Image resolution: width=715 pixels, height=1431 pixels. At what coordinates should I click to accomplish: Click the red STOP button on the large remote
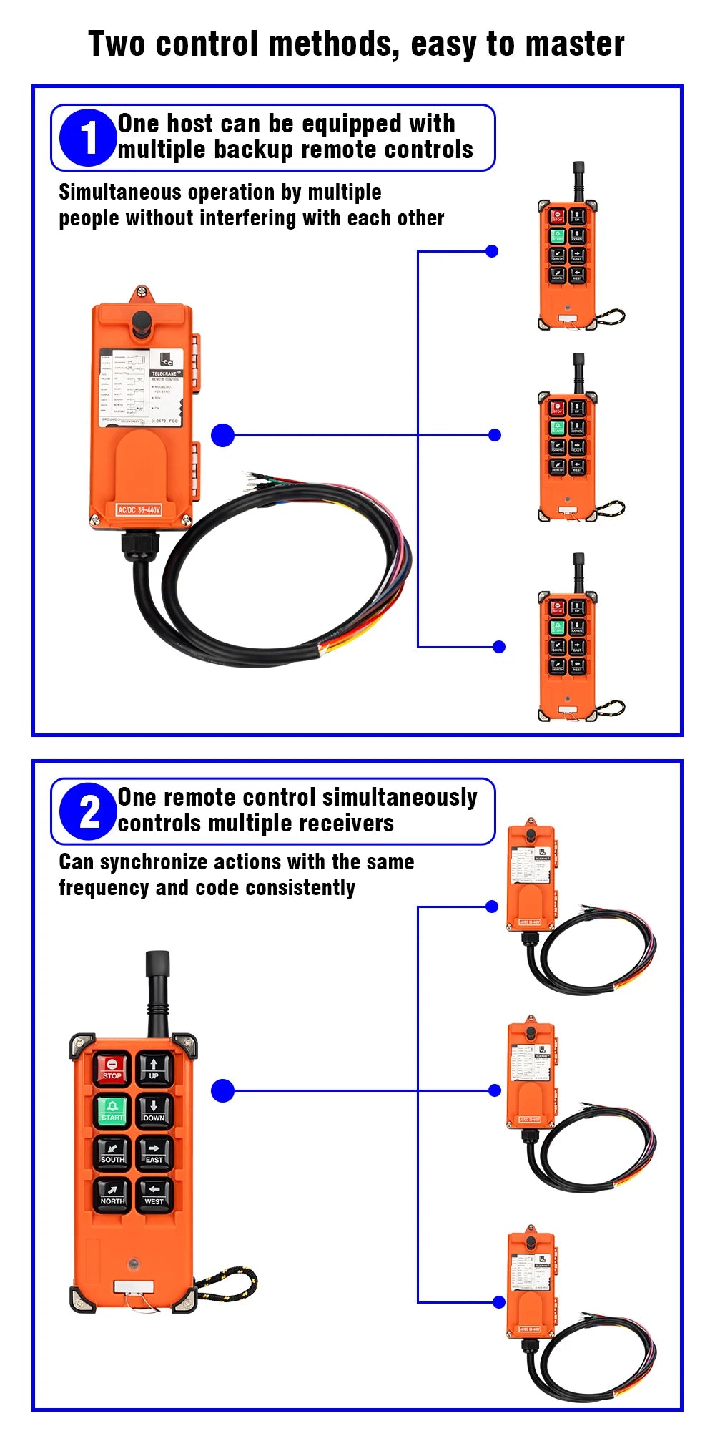click(x=112, y=1068)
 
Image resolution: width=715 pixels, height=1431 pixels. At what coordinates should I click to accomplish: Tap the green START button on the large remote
click(x=112, y=1110)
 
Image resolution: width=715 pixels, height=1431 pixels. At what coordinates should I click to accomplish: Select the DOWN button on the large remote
click(x=154, y=1110)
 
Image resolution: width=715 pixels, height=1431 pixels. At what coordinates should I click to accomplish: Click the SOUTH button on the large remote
click(x=112, y=1152)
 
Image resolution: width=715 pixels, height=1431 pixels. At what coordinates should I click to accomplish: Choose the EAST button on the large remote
click(x=154, y=1152)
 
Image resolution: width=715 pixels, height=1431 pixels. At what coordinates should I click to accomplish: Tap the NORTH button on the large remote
click(x=112, y=1194)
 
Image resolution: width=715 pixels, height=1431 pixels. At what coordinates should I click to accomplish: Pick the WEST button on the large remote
click(x=154, y=1194)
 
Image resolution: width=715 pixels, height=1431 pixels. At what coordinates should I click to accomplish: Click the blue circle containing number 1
click(x=87, y=137)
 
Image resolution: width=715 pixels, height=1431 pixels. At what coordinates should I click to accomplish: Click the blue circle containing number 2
click(x=87, y=811)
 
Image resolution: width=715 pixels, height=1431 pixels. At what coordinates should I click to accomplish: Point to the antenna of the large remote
click(x=157, y=991)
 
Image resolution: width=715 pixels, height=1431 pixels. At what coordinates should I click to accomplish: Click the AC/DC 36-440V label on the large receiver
click(x=139, y=509)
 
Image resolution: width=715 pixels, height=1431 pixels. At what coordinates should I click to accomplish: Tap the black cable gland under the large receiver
click(x=135, y=547)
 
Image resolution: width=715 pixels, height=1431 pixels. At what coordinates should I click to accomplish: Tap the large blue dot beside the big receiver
click(x=223, y=435)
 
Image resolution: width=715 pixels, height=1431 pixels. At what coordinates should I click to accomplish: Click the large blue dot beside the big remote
click(x=223, y=1090)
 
